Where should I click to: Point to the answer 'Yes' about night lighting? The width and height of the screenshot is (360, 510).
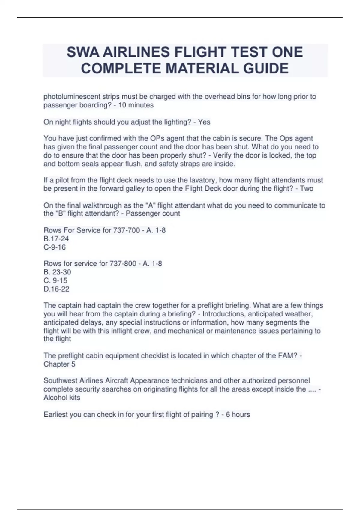pyautogui.click(x=204, y=122)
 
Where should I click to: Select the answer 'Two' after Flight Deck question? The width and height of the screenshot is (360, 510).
pyautogui.click(x=307, y=189)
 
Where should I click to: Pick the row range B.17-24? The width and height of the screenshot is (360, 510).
pyautogui.click(x=56, y=239)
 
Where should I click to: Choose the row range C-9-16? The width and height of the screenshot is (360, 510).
pyautogui.click(x=55, y=247)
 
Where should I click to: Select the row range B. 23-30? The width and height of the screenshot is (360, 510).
pyautogui.click(x=57, y=272)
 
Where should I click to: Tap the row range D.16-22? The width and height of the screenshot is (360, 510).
pyautogui.click(x=56, y=289)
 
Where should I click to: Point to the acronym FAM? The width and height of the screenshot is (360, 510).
pyautogui.click(x=289, y=356)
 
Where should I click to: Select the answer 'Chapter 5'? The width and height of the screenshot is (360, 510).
pyautogui.click(x=59, y=364)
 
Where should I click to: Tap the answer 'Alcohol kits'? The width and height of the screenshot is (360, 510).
pyautogui.click(x=62, y=397)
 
